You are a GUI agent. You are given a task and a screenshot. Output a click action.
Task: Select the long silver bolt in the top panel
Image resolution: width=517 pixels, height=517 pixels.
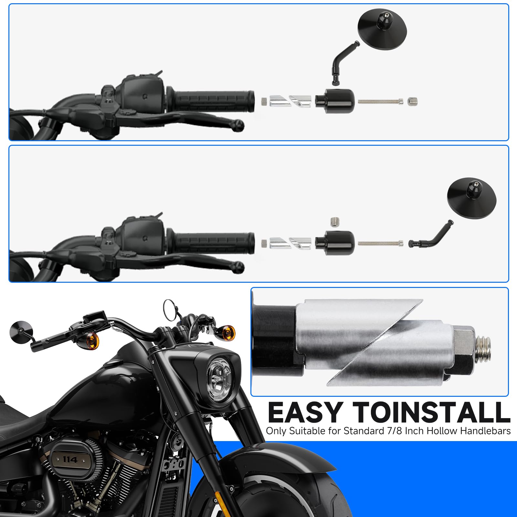coord(380,101)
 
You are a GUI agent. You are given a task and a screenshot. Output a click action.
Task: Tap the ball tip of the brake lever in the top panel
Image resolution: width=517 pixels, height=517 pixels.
coord(239,125)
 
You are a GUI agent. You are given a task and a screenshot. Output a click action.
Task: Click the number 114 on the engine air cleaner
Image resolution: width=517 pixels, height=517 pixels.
coord(69,459)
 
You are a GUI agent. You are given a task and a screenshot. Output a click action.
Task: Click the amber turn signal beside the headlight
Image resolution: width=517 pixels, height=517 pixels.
coord(228,332)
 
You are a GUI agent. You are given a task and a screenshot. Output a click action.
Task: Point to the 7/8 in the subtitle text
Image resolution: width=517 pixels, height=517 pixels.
coord(395,431)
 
